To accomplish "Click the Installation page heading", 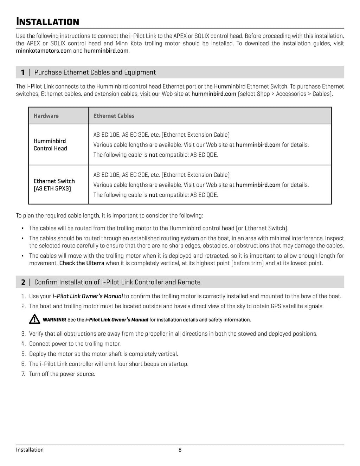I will (47, 22).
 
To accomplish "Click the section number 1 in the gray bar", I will (23, 72).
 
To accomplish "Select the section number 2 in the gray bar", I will (23, 282).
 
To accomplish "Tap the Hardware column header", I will (46, 116).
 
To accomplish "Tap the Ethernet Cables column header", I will (114, 116).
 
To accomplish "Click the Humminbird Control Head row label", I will (50, 145).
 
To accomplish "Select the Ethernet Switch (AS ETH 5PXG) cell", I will (54, 185).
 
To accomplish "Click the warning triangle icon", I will (34, 319).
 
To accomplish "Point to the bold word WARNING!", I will (54, 320).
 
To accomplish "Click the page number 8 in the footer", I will (180, 450).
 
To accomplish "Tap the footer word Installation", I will (30, 450).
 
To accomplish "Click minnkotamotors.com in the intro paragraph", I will (44, 51).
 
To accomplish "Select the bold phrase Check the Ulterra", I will (82, 263).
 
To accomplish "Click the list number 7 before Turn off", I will (23, 374).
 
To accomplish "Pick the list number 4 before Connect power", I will (23, 344).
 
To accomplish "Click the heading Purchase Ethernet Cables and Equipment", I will (95, 72).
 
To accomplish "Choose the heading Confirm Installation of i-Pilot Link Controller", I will (117, 282).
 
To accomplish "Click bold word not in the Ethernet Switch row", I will (153, 195).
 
